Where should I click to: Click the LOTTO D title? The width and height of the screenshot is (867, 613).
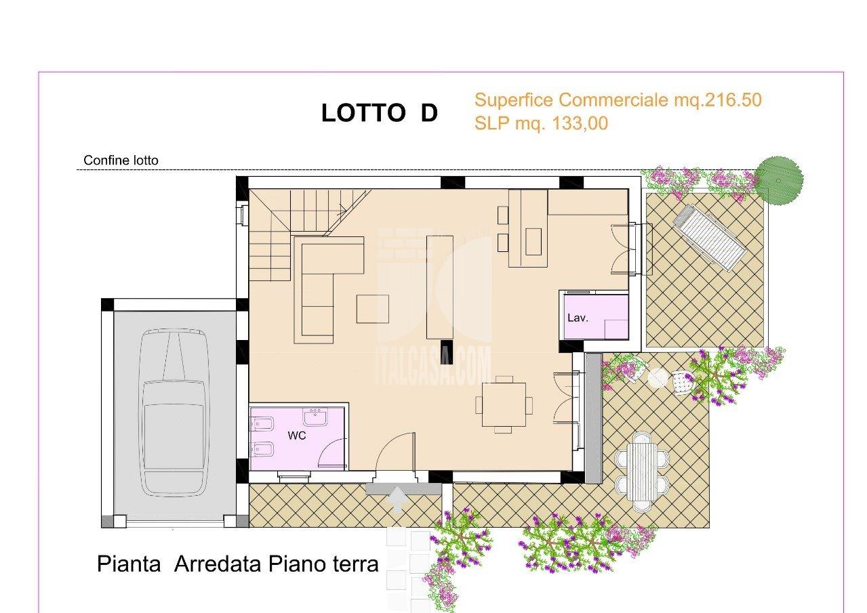point(380,114)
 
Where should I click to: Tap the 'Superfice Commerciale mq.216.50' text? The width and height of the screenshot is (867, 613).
point(618,100)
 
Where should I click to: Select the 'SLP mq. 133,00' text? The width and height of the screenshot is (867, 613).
point(541,123)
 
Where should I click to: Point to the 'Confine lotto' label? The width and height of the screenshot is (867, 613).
point(121,161)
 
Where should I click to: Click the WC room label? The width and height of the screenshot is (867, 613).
point(297,436)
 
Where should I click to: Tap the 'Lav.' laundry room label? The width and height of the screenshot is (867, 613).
point(577,316)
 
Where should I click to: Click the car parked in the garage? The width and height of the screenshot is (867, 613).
point(173,413)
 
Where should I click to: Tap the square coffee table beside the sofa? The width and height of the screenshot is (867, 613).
point(372,309)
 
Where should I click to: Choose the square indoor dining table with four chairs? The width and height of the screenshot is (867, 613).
point(504,404)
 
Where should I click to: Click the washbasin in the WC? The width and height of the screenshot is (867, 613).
point(315,416)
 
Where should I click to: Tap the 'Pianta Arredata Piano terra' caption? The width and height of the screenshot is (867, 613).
point(237,564)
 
